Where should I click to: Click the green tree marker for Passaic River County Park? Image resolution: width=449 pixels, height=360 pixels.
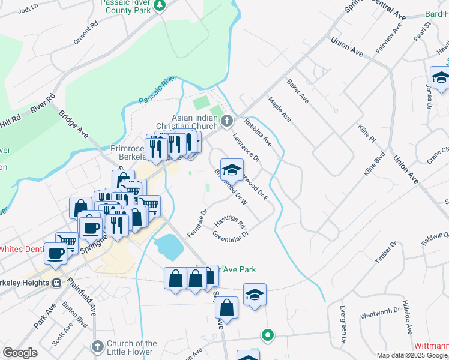pyautogui.click(x=160, y=6)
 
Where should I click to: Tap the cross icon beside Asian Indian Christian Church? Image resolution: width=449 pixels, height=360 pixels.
pyautogui.click(x=227, y=121)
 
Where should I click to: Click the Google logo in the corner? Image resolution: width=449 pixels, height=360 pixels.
pyautogui.click(x=20, y=353)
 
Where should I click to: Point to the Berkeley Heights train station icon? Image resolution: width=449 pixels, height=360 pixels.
pyautogui.click(x=57, y=283)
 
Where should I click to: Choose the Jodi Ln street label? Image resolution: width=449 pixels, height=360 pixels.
pyautogui.click(x=28, y=10)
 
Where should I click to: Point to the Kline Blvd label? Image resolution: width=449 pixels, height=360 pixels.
pyautogui.click(x=374, y=164)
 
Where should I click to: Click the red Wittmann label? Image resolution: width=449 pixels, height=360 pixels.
pyautogui.click(x=431, y=346)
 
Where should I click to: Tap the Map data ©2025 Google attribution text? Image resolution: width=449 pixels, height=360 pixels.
pyautogui.click(x=412, y=355)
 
